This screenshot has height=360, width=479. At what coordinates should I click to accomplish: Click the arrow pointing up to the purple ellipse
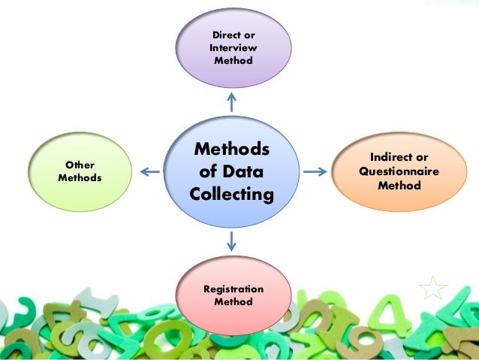[x=232, y=101]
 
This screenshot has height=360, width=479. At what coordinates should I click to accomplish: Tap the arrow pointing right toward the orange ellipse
[x=315, y=172]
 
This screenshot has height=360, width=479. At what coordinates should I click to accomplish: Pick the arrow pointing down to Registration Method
[x=232, y=241]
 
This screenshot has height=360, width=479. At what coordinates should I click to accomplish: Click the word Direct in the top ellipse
[x=223, y=35]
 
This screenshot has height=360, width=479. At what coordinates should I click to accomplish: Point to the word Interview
[x=233, y=47]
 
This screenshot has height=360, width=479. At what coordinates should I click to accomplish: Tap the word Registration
[x=233, y=289]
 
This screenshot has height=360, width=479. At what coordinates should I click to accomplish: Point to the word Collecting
[x=232, y=194]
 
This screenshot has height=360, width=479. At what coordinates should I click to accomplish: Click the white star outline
[x=433, y=287]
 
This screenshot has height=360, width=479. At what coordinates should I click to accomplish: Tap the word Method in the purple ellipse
[x=233, y=60]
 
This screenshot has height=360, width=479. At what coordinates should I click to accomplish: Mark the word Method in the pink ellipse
[x=233, y=301]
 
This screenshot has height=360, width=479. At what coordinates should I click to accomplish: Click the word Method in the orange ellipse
[x=399, y=184]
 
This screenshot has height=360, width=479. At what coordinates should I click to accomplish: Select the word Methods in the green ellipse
[x=80, y=178]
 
